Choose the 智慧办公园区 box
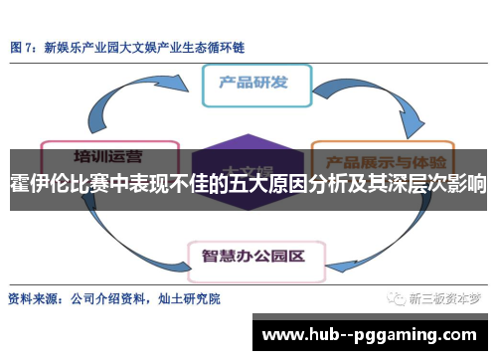click(253, 229)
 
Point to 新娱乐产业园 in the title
click(82, 46)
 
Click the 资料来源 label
click(34, 297)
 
